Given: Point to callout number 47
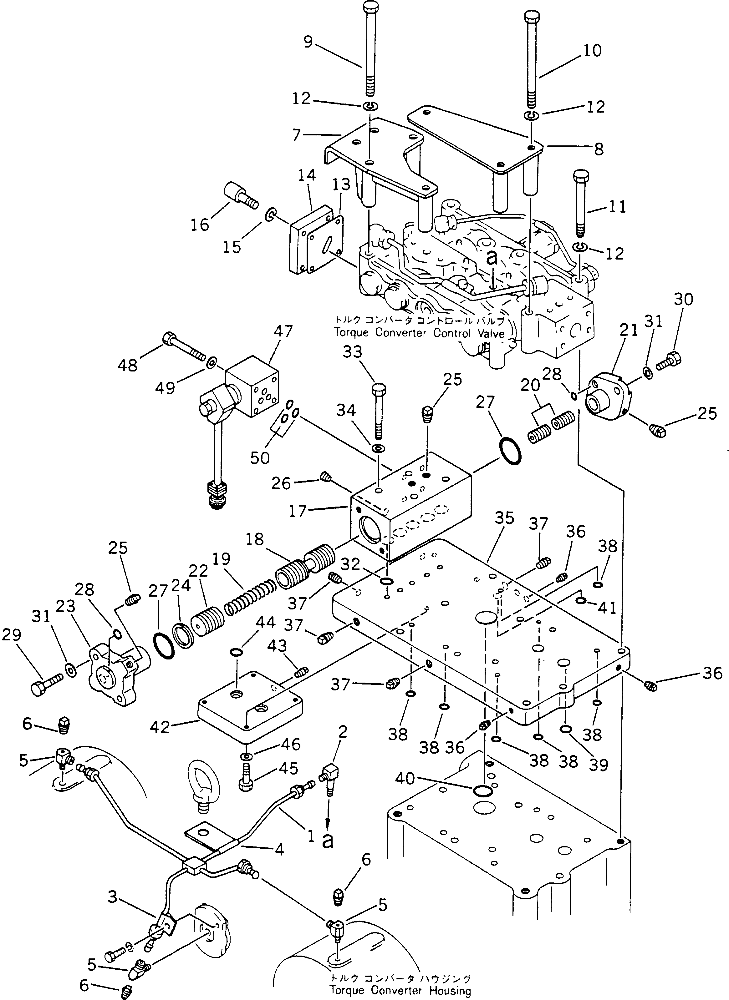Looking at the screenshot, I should [283, 331].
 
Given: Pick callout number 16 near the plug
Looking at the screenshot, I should [200, 225].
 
